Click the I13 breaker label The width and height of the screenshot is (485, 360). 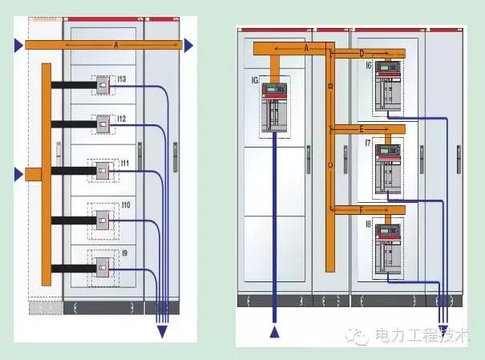[x=123, y=79]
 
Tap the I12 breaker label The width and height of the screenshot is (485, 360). [x=123, y=119]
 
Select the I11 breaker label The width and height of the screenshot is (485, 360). [x=124, y=163]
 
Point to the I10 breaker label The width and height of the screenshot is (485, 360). [x=125, y=206]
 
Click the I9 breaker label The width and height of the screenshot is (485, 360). [x=124, y=254]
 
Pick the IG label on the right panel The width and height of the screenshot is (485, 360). [x=256, y=81]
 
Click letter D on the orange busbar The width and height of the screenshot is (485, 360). [x=362, y=53]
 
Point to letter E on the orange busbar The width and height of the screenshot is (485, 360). [x=362, y=128]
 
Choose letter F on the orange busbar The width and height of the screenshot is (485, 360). [x=362, y=211]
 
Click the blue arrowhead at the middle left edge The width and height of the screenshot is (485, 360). [x=19, y=174]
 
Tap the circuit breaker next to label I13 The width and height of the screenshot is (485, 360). [x=103, y=83]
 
